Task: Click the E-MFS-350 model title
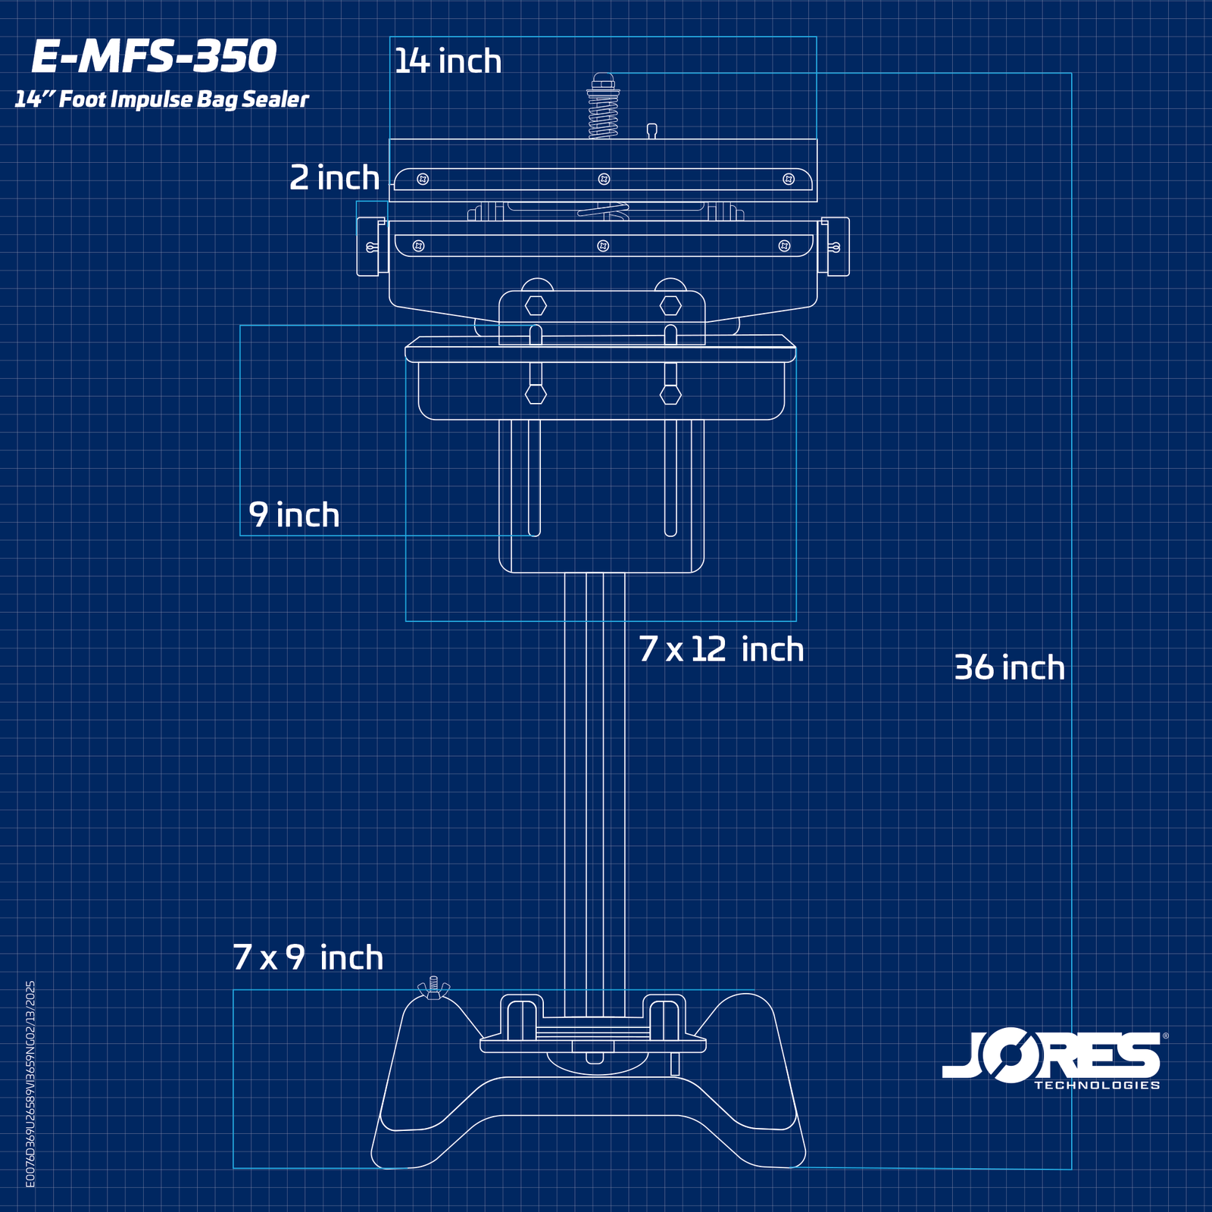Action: tap(155, 57)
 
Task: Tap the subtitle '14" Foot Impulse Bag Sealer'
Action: tap(161, 99)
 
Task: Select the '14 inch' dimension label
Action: tap(448, 61)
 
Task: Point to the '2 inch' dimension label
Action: tap(334, 178)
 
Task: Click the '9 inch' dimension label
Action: tap(294, 515)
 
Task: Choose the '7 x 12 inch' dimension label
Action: tap(720, 650)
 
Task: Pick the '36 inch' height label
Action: tap(1009, 668)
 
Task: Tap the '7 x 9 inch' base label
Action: tap(308, 958)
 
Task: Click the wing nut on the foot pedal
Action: tap(433, 988)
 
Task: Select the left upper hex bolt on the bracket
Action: tap(536, 306)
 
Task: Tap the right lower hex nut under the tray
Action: tap(670, 394)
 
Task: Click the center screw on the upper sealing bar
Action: tap(604, 180)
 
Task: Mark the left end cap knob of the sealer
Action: tap(368, 247)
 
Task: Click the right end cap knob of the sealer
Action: tap(837, 247)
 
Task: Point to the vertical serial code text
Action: tap(30, 1083)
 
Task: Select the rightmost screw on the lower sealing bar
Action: tap(784, 246)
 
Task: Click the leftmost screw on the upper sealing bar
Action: tap(423, 180)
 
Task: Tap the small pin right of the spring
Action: tap(651, 130)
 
